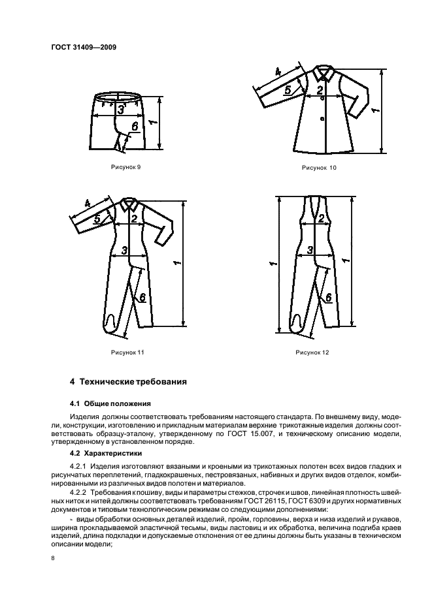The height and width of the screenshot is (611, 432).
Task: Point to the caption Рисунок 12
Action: [x=312, y=352]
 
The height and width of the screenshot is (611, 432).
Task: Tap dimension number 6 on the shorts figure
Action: [x=135, y=127]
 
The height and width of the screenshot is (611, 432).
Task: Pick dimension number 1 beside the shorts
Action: [x=150, y=122]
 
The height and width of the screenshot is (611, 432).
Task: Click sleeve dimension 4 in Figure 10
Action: [x=277, y=71]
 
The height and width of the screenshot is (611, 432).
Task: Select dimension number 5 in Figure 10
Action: [x=288, y=91]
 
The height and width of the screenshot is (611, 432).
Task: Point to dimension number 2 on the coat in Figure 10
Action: [x=319, y=90]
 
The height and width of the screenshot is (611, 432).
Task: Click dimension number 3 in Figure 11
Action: [x=124, y=250]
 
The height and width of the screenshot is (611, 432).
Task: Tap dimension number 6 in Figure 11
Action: [x=140, y=296]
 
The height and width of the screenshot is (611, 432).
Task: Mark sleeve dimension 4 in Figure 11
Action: [x=87, y=204]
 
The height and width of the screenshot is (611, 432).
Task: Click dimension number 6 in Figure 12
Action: [x=327, y=297]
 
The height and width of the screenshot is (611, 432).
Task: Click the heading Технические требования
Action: [x=129, y=381]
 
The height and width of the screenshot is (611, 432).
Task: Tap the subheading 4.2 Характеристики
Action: [x=107, y=452]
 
